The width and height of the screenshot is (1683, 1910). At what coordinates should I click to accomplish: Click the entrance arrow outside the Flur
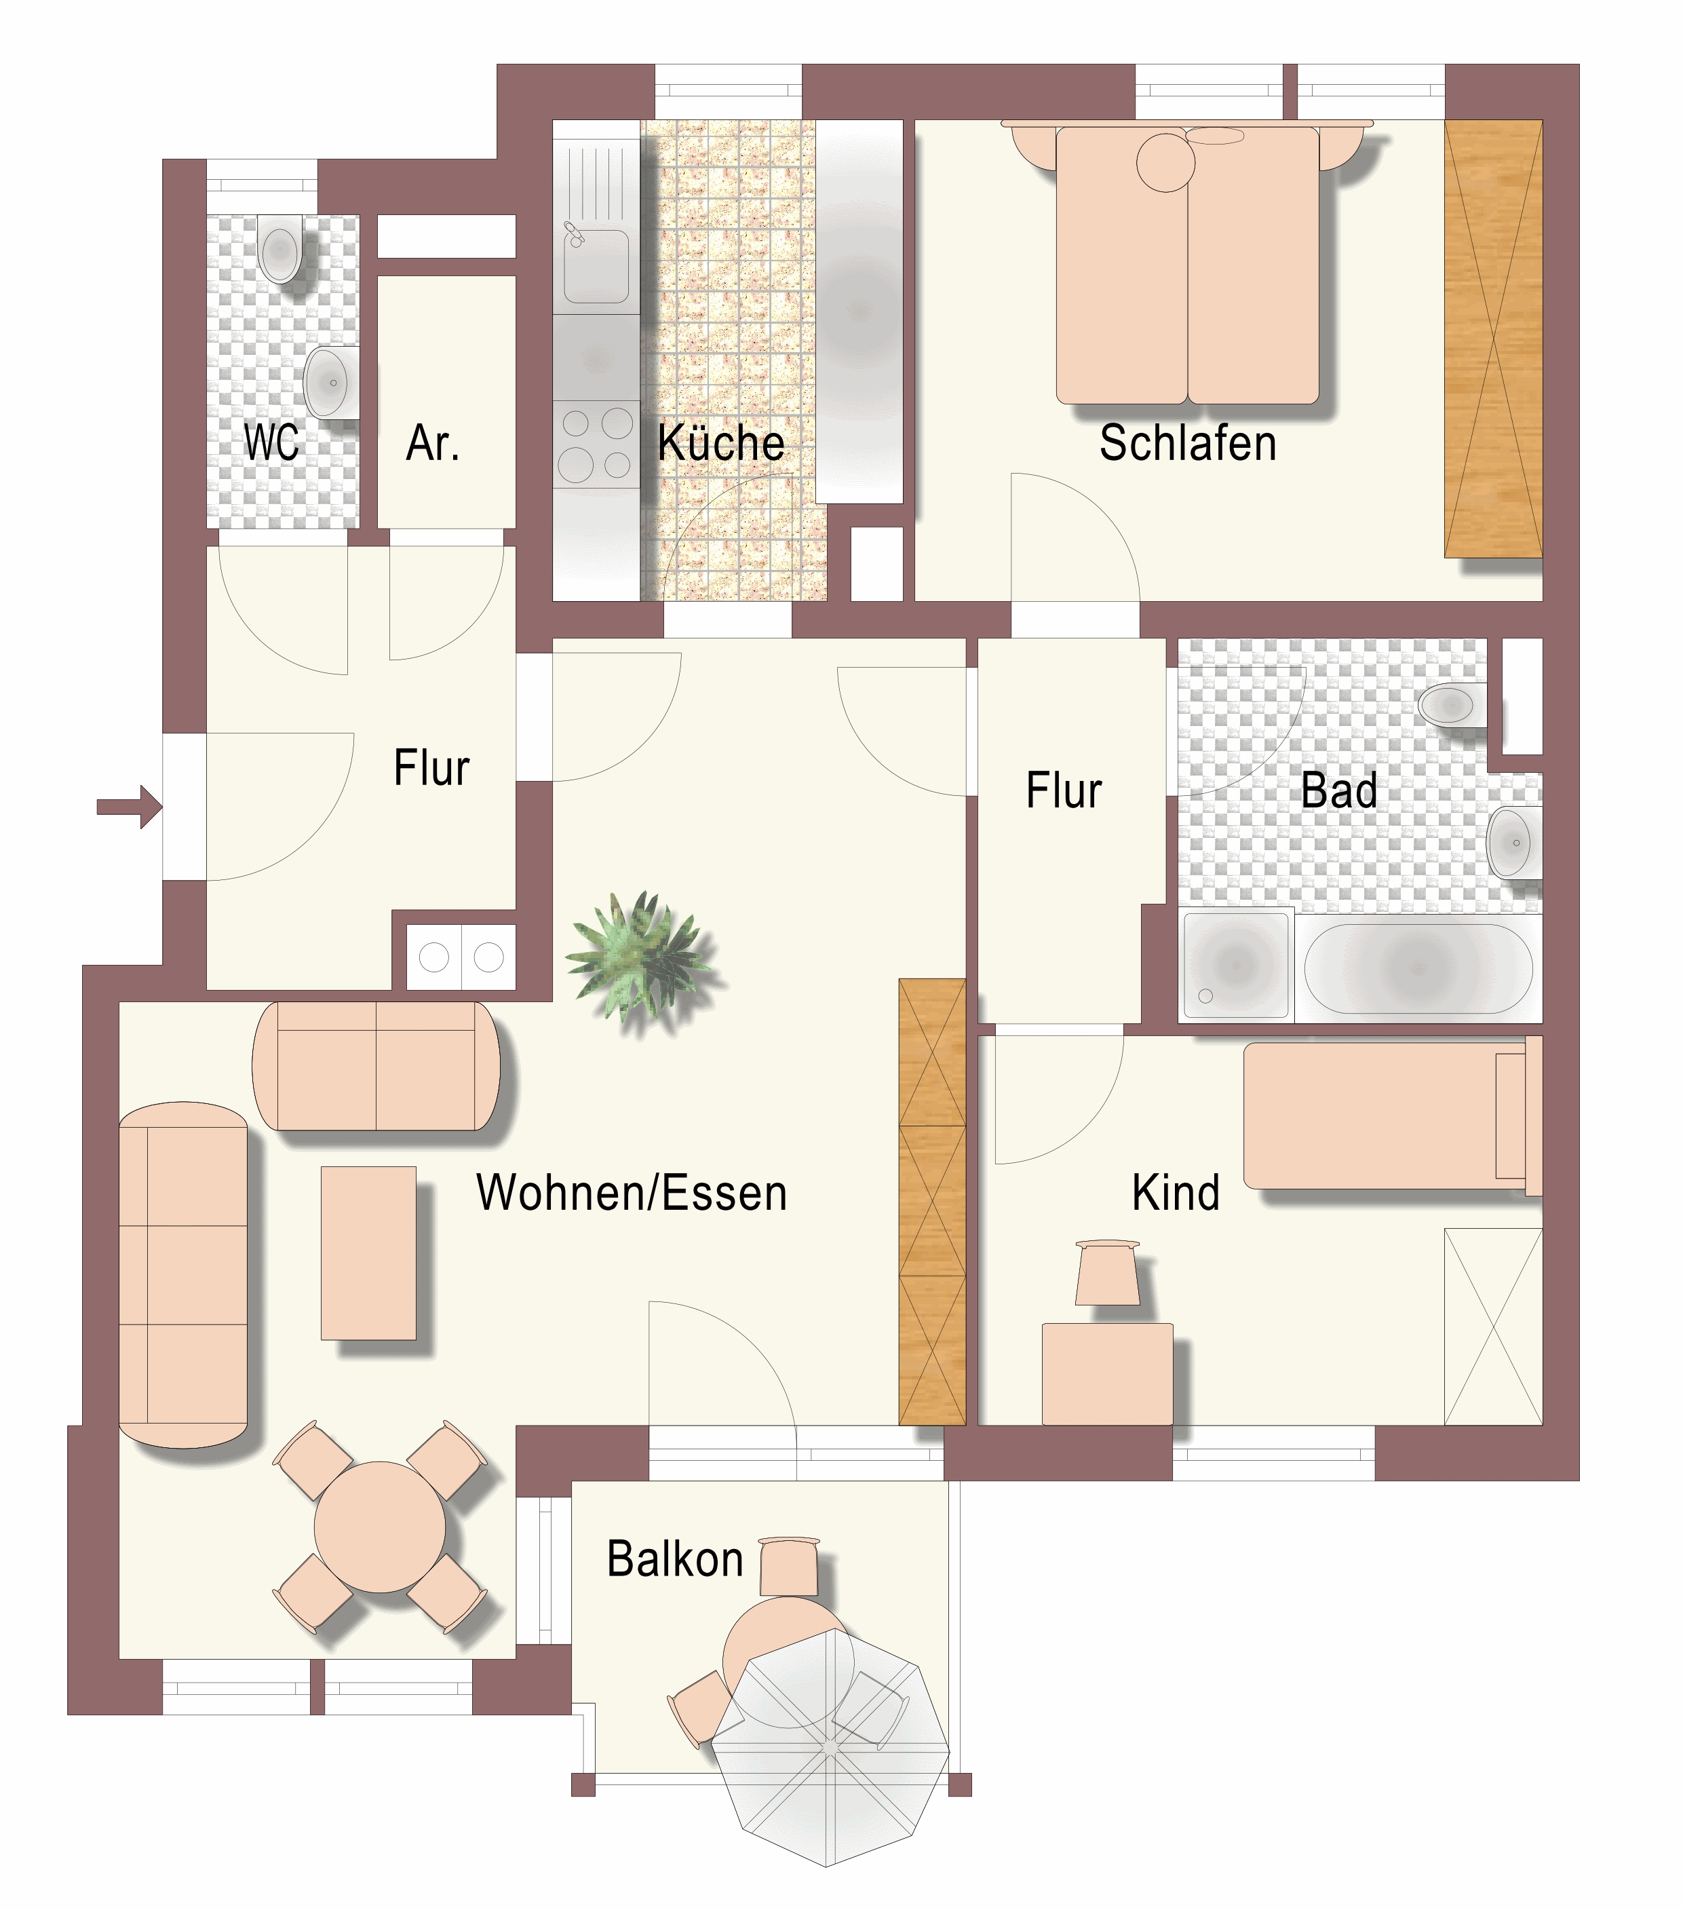[130, 807]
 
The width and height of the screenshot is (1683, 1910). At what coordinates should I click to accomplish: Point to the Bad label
[1339, 790]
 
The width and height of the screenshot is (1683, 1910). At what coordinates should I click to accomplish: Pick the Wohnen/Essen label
[632, 1193]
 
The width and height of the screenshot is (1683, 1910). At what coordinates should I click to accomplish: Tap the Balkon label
[675, 1560]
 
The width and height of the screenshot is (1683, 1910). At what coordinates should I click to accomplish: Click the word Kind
[1176, 1193]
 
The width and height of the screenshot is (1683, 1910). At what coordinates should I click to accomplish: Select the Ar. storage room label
[433, 443]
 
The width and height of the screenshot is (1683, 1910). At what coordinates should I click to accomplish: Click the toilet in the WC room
[279, 248]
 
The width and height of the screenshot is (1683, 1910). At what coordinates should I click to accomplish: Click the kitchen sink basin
[596, 267]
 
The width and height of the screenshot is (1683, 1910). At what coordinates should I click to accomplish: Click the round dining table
[379, 1527]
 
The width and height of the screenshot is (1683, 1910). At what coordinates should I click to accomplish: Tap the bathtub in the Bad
[1418, 968]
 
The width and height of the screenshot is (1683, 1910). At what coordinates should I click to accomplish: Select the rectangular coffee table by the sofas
[368, 1253]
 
